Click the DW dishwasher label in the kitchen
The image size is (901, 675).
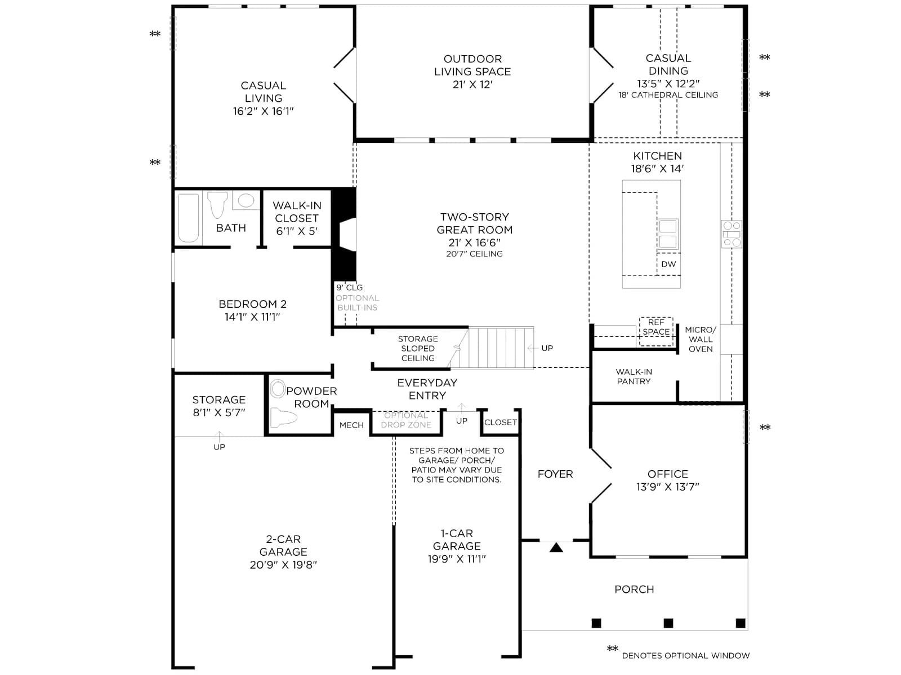(668, 264)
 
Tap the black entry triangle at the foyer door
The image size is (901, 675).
(556, 547)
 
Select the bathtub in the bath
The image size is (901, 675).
(189, 218)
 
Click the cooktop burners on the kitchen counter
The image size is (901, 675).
(731, 234)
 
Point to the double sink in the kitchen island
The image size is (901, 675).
(668, 234)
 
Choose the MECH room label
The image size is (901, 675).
(351, 425)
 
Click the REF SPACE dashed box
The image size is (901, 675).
(656, 331)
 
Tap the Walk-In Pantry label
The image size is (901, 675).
(634, 377)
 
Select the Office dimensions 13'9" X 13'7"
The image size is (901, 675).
(668, 487)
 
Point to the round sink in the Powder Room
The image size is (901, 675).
(278, 389)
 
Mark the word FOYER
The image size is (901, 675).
(555, 474)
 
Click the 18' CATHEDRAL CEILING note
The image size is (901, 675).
(668, 95)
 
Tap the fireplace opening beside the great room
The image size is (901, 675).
(347, 234)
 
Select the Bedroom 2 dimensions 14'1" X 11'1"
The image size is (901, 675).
(252, 317)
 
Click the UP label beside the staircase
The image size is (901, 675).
(547, 348)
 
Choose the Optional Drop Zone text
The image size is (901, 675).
(406, 420)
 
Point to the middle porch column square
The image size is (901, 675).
(668, 623)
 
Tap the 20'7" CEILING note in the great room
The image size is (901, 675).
(475, 254)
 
